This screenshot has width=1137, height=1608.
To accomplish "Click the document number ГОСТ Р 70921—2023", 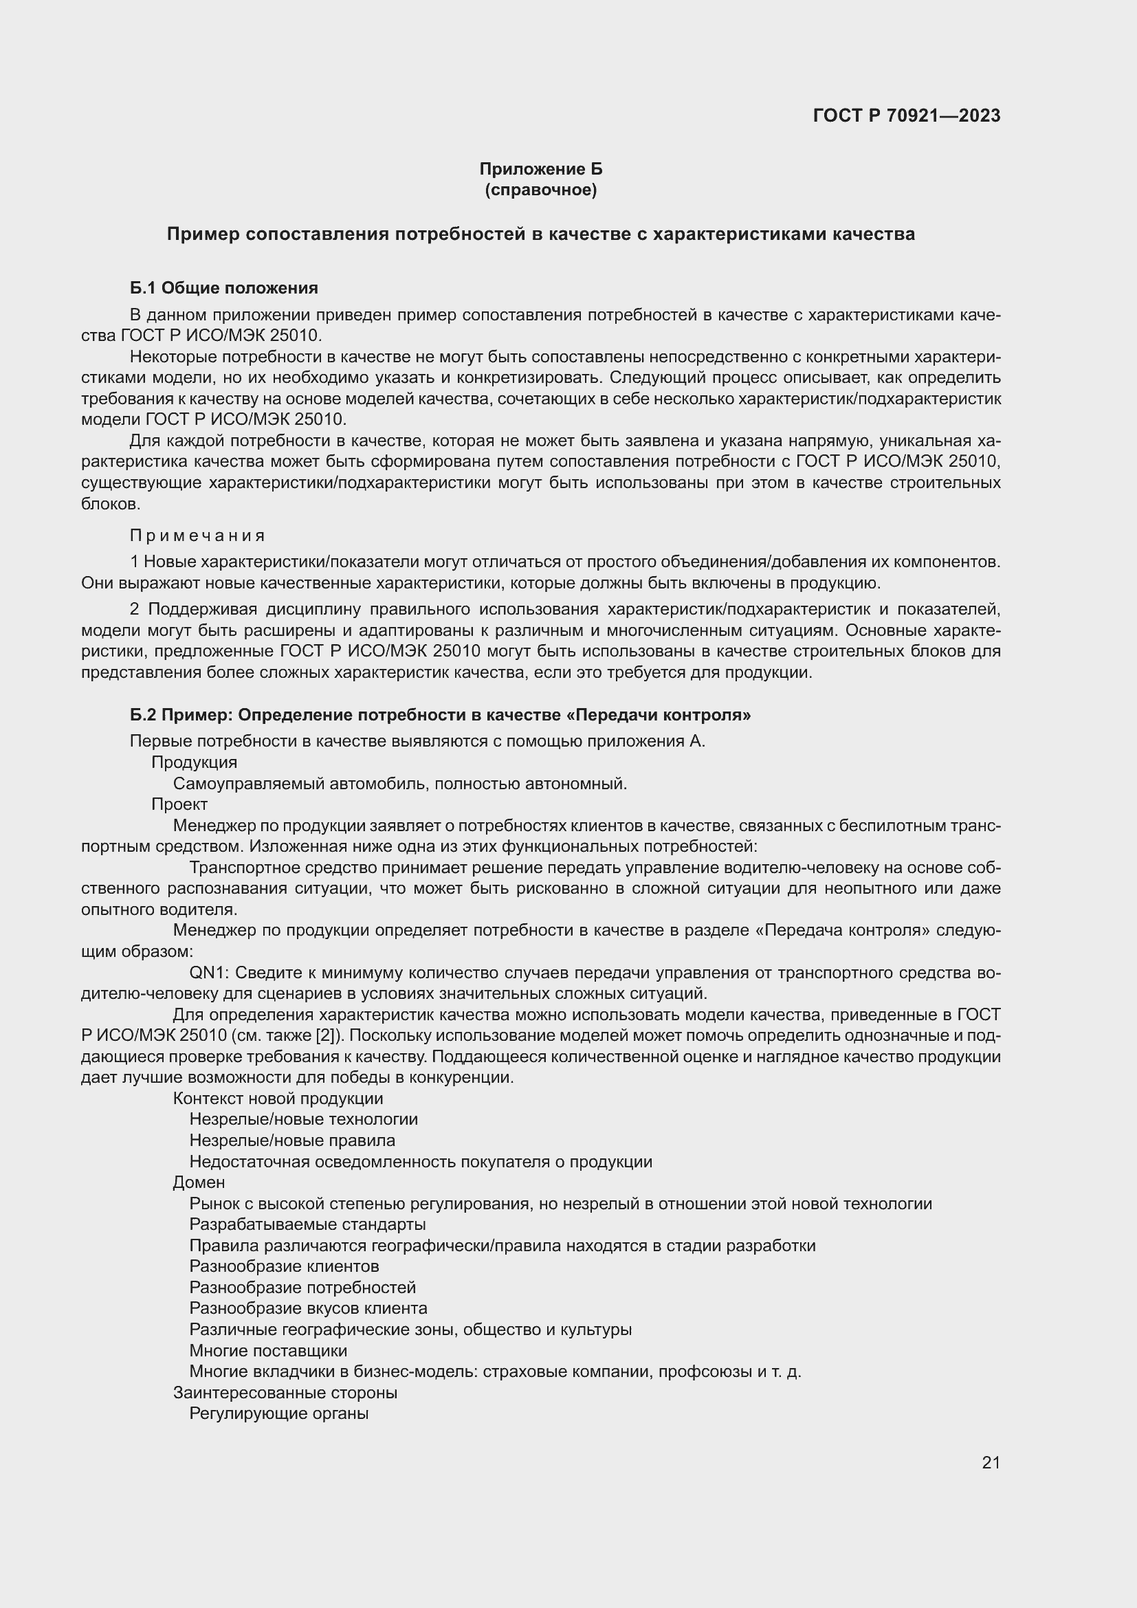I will (906, 115).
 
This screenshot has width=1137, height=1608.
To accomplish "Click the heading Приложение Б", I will (540, 169).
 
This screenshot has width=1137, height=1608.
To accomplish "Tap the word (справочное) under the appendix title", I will (540, 190).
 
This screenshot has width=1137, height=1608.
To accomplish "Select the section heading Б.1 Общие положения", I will (223, 288).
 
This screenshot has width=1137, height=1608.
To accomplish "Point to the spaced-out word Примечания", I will (197, 535).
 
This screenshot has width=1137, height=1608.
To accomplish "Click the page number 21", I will (991, 1462).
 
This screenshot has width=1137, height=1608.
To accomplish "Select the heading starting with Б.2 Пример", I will (440, 714).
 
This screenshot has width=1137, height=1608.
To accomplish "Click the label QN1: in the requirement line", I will (210, 973).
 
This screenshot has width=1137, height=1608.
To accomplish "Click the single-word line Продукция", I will (194, 762).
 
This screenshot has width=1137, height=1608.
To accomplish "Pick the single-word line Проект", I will (179, 804).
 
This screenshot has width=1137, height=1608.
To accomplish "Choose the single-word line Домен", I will (199, 1182).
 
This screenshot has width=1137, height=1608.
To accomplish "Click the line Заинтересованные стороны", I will (285, 1392).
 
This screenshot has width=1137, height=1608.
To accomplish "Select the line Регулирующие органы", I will (278, 1413).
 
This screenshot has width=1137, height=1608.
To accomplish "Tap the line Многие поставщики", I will (268, 1350).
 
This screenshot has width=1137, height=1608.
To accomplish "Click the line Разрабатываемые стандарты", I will (307, 1224).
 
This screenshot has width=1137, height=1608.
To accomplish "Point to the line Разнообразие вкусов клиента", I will (308, 1308).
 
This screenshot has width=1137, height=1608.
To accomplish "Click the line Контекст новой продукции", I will (278, 1098).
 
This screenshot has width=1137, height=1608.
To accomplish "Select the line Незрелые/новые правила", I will (292, 1140).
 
